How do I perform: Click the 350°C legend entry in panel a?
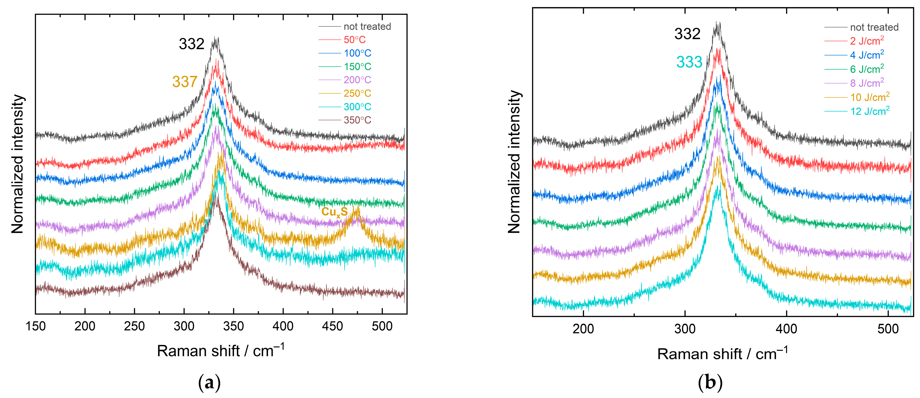click(x=357, y=120)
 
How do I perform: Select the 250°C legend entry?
click(x=357, y=93)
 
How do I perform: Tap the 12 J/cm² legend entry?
click(x=870, y=111)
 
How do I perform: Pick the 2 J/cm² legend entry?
click(x=867, y=41)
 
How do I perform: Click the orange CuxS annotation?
click(x=334, y=212)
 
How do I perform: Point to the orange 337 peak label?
click(x=185, y=82)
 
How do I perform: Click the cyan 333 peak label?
click(x=689, y=62)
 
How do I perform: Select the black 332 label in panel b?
click(x=687, y=34)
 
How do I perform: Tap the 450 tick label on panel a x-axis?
click(x=332, y=326)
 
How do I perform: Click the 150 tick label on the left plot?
click(x=36, y=326)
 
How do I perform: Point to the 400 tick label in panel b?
click(x=786, y=329)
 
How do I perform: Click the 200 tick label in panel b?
click(x=583, y=329)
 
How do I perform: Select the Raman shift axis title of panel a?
click(x=220, y=351)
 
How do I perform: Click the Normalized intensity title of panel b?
click(x=514, y=162)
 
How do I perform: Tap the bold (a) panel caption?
click(x=209, y=383)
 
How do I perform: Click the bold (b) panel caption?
click(x=710, y=383)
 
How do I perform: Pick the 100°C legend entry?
click(x=357, y=53)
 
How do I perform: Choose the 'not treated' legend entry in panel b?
click(x=874, y=27)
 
